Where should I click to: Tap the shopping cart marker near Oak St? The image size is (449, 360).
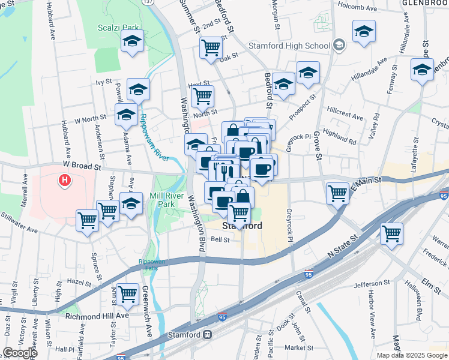coord(211,47)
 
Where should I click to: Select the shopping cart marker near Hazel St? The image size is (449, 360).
coord(127,294)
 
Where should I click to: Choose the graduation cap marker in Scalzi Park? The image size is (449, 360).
coord(131,41)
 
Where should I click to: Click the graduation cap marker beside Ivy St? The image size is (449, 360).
coord(139,90)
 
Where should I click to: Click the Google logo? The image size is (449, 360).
coord(20,352)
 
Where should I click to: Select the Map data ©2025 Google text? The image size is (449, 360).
coord(412,355)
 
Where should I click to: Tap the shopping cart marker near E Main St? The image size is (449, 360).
coord(338,193)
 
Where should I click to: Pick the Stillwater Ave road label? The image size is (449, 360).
coord(20,220)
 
